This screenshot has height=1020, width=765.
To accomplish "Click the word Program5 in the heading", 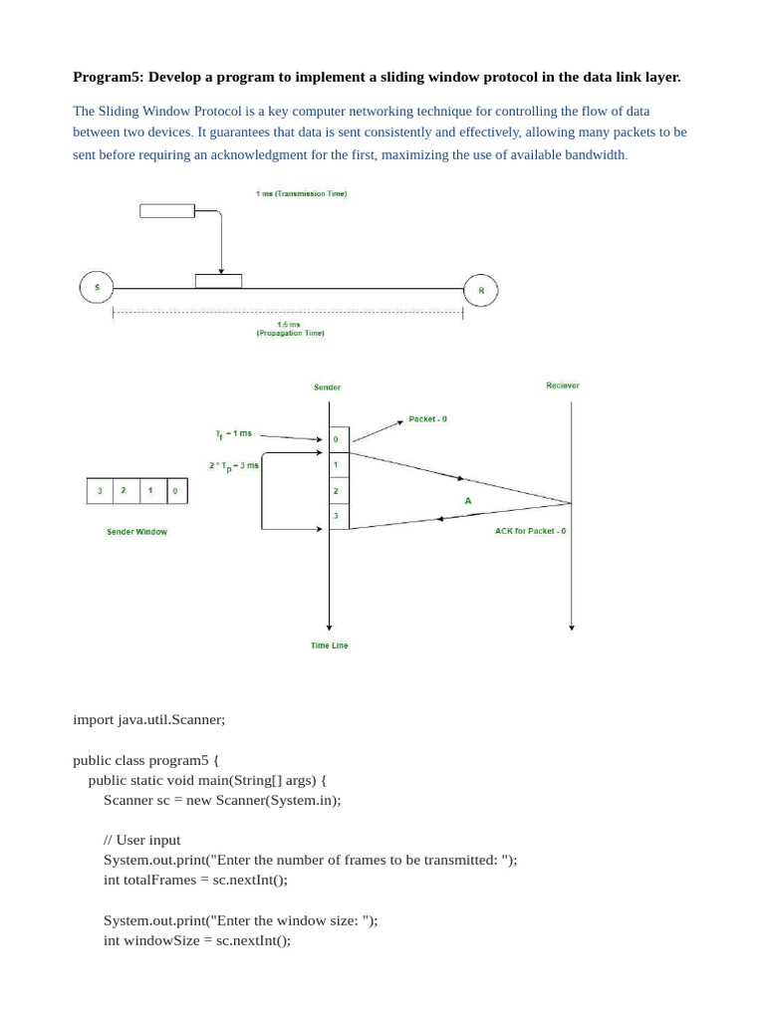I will coord(108,77).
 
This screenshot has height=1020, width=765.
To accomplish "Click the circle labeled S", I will coord(97,288).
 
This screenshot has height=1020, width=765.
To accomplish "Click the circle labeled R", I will coord(481,291).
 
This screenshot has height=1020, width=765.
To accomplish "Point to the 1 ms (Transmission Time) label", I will coord(301,193).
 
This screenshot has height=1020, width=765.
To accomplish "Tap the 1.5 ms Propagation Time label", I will coord(289,329).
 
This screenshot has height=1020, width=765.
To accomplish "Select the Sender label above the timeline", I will coord(327,386).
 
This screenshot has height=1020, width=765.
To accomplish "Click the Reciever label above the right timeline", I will coord(562,385).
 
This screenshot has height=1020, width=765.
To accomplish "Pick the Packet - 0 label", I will coord(427,419).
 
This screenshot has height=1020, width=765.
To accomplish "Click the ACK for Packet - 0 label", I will coord(530,531).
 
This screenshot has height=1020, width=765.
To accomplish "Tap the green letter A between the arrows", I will coord(468,501).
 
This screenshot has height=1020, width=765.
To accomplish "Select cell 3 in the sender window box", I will coord(100,491).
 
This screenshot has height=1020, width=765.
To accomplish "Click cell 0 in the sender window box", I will coord(175,491).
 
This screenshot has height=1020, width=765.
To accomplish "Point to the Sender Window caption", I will coord(136,532).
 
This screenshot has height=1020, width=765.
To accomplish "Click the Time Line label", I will coord(329,645).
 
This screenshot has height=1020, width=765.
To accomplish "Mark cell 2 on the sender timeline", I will coord(337,491).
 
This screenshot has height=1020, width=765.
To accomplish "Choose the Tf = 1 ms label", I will coord(233,434).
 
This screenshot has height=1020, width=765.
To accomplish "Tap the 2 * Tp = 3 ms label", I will coord(234,465).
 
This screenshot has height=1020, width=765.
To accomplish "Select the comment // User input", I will coord(141,840).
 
